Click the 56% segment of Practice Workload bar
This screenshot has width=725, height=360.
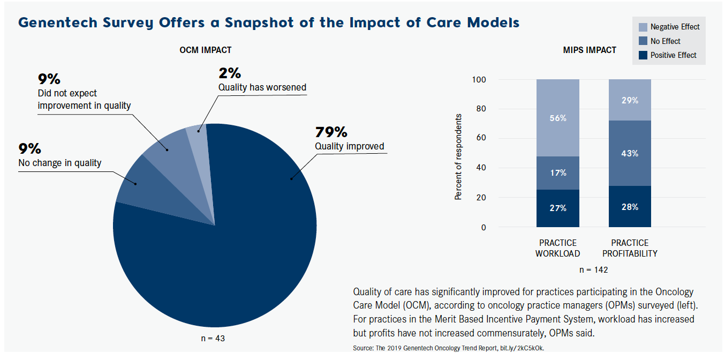(558, 118)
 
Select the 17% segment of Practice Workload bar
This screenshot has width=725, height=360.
(558, 173)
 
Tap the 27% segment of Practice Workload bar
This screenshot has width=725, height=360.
(558, 208)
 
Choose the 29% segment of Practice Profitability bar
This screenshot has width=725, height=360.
(630, 100)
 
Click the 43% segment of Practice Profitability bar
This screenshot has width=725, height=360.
(630, 153)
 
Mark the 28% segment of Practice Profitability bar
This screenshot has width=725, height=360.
(630, 207)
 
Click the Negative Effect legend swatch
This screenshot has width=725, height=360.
(643, 27)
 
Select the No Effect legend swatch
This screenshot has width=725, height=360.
(643, 41)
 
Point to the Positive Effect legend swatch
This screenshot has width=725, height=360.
(643, 55)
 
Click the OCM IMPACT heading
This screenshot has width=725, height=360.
(206, 50)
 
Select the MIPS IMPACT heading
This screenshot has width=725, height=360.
(590, 50)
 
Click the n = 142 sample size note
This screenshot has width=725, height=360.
(593, 269)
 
